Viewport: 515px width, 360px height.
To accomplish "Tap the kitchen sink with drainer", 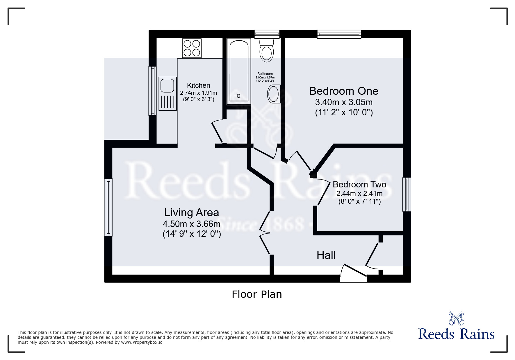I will click(x=167, y=93).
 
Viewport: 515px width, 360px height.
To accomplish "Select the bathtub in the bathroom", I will click(x=239, y=72).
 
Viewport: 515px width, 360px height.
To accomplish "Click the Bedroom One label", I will click(x=343, y=91).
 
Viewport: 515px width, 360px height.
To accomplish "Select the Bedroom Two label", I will click(x=359, y=185).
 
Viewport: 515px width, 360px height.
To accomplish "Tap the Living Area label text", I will click(x=191, y=213).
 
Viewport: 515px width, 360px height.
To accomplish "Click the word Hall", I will click(x=326, y=255).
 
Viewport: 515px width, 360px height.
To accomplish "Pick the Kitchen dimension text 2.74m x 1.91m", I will click(x=198, y=93).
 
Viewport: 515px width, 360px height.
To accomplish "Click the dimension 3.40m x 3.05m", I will click(x=344, y=102).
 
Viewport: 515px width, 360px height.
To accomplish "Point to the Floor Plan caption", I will click(x=257, y=294).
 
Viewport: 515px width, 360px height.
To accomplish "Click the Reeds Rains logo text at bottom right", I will click(x=456, y=334).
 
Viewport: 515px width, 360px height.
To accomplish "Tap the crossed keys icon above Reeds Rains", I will click(x=456, y=318).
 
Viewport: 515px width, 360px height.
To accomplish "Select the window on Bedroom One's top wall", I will click(x=339, y=34).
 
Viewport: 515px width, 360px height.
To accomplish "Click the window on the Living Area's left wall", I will click(x=108, y=207).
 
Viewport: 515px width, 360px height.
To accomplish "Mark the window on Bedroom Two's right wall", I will click(x=407, y=194).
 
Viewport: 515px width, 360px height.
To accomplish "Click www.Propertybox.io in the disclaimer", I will click(x=142, y=342).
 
